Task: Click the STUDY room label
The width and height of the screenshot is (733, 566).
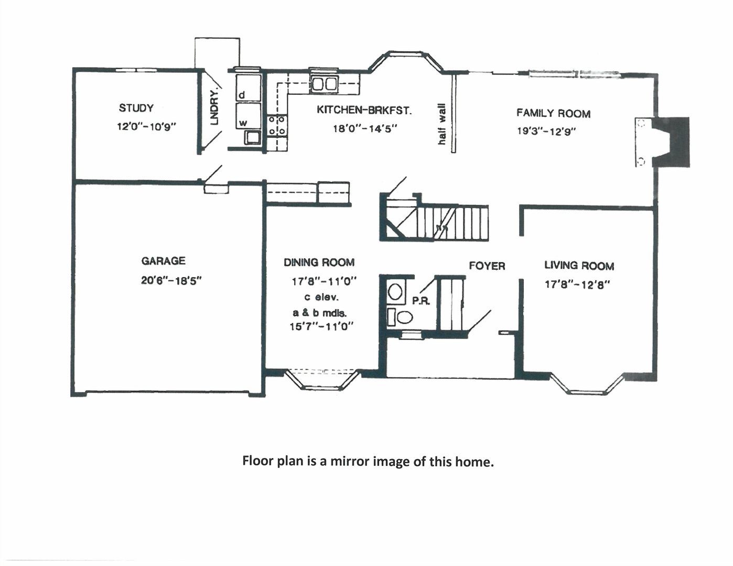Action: [x=136, y=108]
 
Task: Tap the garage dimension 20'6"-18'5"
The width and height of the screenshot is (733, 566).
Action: [x=171, y=280]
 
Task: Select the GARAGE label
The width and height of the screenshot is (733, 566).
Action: [x=163, y=260]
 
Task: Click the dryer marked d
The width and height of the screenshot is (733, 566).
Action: [x=247, y=88]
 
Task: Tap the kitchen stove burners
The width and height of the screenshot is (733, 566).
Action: [x=277, y=126]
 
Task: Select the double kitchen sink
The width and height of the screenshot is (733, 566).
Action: [x=324, y=83]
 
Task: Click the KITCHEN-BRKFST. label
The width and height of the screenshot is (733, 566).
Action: [x=364, y=110]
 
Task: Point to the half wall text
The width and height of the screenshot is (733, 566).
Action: [x=441, y=124]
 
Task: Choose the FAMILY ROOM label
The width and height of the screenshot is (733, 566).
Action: [x=553, y=113]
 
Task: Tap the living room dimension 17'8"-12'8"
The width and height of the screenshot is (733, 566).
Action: [x=577, y=285]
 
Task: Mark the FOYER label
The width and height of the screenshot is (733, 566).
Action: [x=487, y=266]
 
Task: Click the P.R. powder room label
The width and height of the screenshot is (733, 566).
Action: [x=421, y=301]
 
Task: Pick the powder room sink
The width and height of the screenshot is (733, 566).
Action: [x=395, y=291]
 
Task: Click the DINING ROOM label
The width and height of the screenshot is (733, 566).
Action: [x=319, y=262]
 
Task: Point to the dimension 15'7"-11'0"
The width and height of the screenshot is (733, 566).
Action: [x=321, y=326]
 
